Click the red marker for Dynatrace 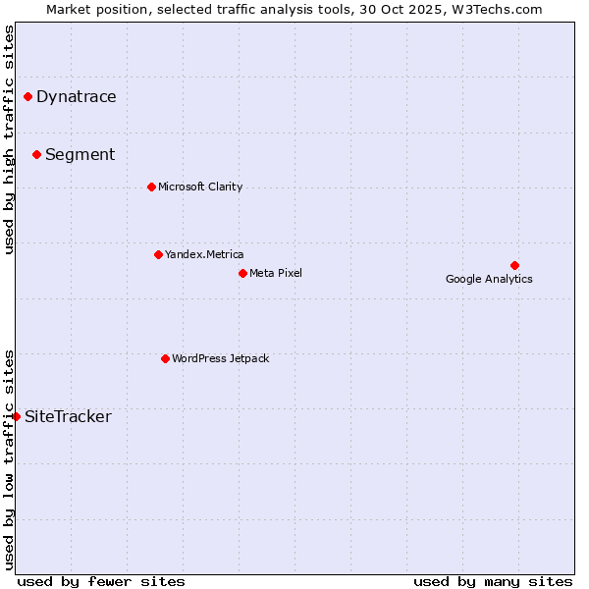click(x=27, y=96)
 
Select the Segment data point click(x=36, y=154)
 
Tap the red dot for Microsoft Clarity click(x=151, y=187)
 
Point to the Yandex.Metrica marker click(x=158, y=254)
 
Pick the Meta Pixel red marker click(x=242, y=273)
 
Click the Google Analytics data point click(x=514, y=265)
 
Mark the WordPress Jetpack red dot click(x=165, y=358)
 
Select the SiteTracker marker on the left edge click(x=17, y=416)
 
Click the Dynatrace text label click(x=76, y=96)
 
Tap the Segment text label click(x=80, y=154)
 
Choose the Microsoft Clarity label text click(x=200, y=187)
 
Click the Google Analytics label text click(x=489, y=279)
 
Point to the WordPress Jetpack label click(x=220, y=358)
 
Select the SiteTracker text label click(x=68, y=416)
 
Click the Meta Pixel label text click(x=276, y=273)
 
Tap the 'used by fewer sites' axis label click(x=101, y=581)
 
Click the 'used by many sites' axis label click(x=493, y=581)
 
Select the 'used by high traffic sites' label click(x=9, y=139)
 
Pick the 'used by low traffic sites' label click(x=9, y=458)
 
